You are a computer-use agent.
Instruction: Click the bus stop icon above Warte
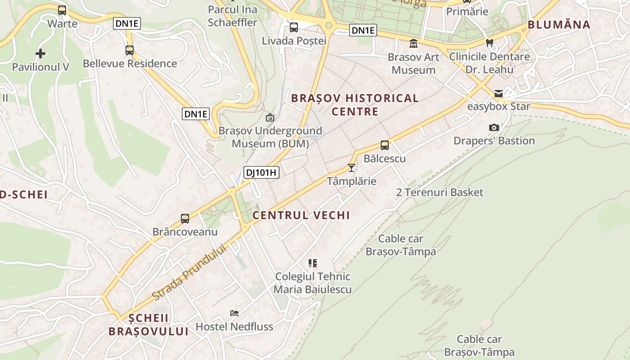tap(62, 10)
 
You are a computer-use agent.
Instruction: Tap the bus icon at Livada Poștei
tap(294, 27)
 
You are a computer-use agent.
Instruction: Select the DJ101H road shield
tap(261, 172)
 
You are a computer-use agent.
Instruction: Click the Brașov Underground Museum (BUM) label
tap(270, 137)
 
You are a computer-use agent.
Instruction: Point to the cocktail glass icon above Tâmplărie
tap(351, 168)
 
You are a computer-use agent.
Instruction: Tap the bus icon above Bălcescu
tap(384, 145)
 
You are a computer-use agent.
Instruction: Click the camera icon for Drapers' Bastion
tap(494, 128)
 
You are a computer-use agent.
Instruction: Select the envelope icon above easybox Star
tap(499, 94)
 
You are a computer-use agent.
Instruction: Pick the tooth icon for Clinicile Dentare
tap(490, 43)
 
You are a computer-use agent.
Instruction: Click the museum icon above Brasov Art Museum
tap(413, 44)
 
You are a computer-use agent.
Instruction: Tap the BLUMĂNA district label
tap(559, 25)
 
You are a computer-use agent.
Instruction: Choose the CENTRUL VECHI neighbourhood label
tap(301, 215)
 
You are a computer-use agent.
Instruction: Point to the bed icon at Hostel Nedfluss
tap(234, 313)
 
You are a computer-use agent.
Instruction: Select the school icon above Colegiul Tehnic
tap(313, 263)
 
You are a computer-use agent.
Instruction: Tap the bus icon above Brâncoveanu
tap(184, 219)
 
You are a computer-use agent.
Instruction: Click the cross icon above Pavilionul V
tap(40, 54)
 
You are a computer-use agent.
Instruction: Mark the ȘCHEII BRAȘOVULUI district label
tap(148, 324)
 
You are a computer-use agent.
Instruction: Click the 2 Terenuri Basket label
tap(440, 193)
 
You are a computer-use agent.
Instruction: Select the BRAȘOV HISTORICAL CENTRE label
tap(355, 104)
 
